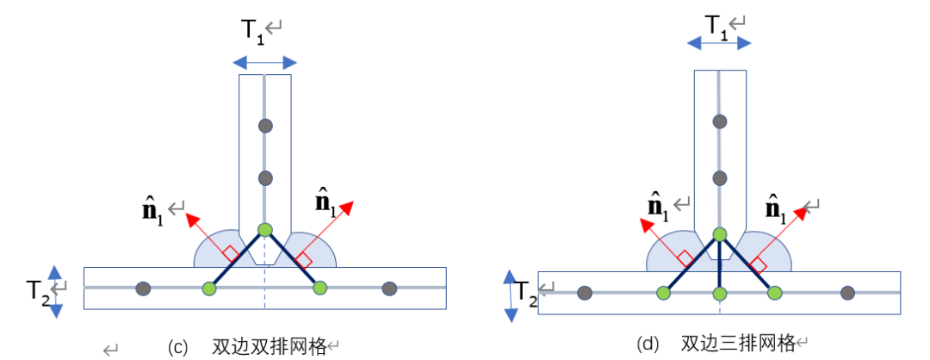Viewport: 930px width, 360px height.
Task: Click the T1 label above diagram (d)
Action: tap(716, 26)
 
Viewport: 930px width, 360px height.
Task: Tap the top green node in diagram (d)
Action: tap(719, 233)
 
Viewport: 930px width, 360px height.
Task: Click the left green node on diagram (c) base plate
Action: tap(209, 288)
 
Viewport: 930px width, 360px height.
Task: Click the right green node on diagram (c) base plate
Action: tap(320, 288)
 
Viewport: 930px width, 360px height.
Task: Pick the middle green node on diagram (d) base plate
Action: tap(719, 294)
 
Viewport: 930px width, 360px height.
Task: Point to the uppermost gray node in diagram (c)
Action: tap(265, 126)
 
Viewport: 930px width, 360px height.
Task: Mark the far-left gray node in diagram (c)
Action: tap(144, 288)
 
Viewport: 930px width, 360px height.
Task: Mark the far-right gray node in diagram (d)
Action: tap(847, 294)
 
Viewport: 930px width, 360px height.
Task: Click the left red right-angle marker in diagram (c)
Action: tap(230, 254)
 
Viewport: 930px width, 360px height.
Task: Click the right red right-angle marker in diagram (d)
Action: tap(758, 264)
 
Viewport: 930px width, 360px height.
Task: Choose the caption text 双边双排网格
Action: tap(270, 346)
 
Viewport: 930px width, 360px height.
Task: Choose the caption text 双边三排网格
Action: tap(737, 344)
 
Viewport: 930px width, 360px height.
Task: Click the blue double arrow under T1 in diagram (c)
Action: tap(265, 62)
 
